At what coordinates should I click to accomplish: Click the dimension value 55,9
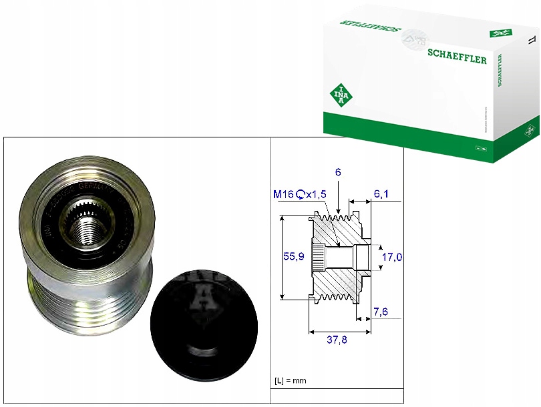pyautogui.click(x=288, y=256)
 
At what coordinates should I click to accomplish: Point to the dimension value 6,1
pyautogui.click(x=381, y=194)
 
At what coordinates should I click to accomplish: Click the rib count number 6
pyautogui.click(x=339, y=172)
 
